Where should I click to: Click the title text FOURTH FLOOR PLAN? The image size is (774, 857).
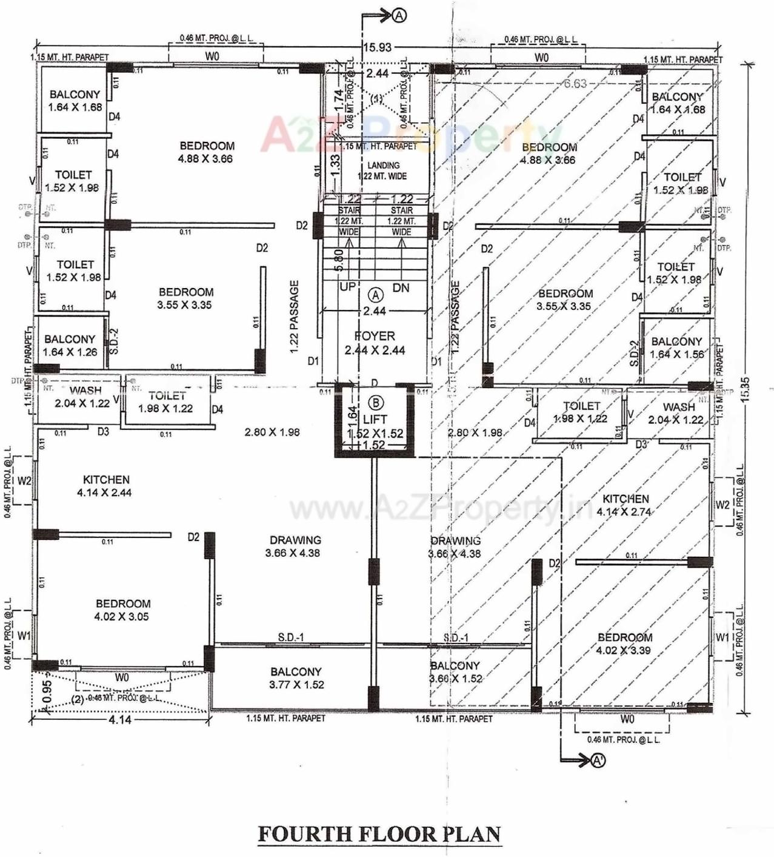pyautogui.click(x=379, y=834)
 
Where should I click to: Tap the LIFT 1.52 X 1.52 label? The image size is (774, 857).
pyautogui.click(x=375, y=426)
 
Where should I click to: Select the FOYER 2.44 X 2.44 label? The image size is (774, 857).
pyautogui.click(x=375, y=343)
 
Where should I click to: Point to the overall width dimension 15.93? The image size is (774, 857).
pyautogui.click(x=377, y=47)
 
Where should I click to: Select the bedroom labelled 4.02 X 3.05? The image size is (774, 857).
pyautogui.click(x=122, y=610)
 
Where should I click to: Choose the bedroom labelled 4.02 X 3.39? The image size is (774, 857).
pyautogui.click(x=624, y=644)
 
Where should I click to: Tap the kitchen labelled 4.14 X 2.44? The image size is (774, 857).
pyautogui.click(x=105, y=486)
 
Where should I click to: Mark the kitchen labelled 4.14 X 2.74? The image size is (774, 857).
pyautogui.click(x=625, y=505)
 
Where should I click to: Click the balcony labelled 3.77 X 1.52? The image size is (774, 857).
pyautogui.click(x=296, y=678)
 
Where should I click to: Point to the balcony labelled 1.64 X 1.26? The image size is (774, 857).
pyautogui.click(x=70, y=345)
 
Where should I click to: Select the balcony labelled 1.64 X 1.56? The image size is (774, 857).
pyautogui.click(x=676, y=348)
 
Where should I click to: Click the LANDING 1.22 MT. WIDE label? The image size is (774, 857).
pyautogui.click(x=383, y=170)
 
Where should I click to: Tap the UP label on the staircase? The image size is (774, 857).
pyautogui.click(x=347, y=287)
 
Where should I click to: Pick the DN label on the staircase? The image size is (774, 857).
pyautogui.click(x=401, y=287)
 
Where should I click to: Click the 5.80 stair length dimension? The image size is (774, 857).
pyautogui.click(x=339, y=260)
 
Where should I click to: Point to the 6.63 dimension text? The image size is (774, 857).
pyautogui.click(x=575, y=84)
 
